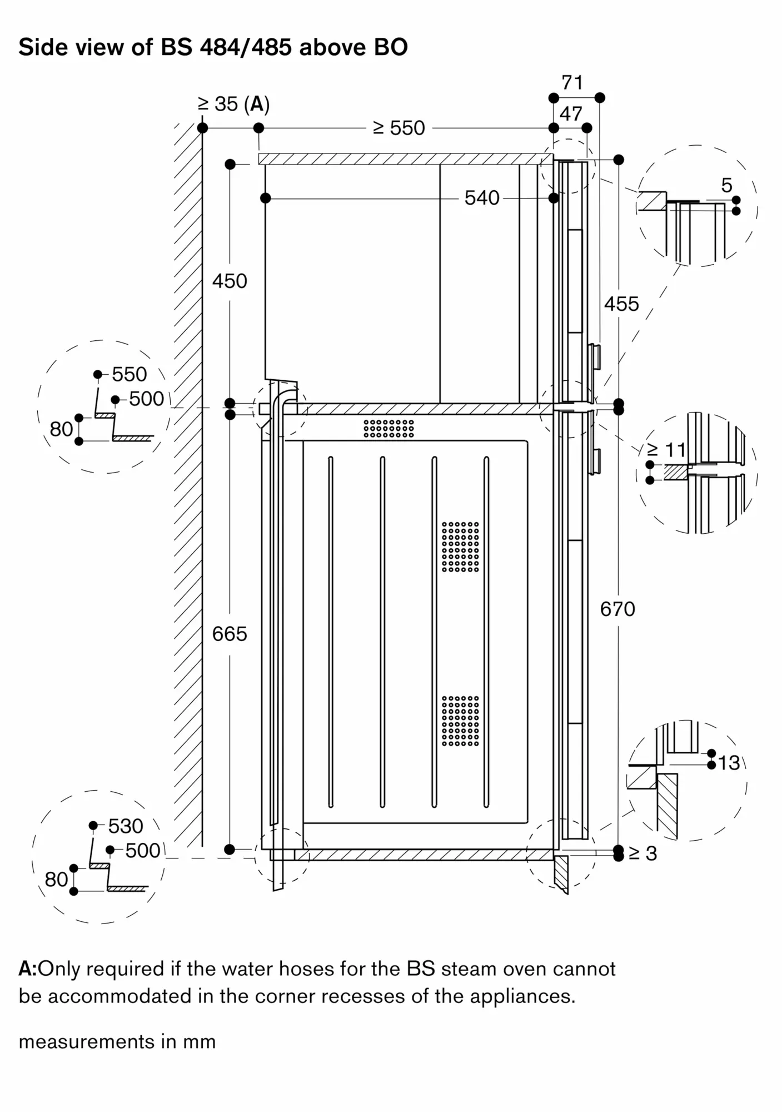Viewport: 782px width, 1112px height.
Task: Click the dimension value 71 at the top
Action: [x=572, y=83]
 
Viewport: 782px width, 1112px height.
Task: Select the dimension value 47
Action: [x=571, y=114]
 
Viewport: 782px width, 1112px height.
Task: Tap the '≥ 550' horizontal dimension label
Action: [x=399, y=128]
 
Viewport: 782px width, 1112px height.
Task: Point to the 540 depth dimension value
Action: [x=482, y=198]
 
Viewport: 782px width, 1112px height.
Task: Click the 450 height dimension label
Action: [x=230, y=281]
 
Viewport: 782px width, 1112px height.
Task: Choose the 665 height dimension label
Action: [x=230, y=634]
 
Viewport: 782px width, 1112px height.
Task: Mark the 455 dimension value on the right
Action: [x=621, y=304]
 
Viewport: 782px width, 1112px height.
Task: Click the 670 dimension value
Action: [x=617, y=609]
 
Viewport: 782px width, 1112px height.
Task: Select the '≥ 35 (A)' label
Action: [x=233, y=104]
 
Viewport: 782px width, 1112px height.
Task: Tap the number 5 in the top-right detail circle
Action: [x=726, y=186]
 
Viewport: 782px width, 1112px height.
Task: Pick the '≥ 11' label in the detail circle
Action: [x=666, y=449]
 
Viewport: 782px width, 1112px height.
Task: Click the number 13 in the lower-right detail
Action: [x=729, y=763]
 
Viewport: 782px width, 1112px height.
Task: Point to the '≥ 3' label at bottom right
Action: [x=643, y=853]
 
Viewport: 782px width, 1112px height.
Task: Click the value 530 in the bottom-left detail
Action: [x=126, y=826]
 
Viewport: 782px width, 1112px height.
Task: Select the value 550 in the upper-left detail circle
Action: [x=129, y=374]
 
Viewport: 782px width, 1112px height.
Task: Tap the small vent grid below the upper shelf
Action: [x=388, y=428]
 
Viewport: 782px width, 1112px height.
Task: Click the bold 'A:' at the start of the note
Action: [x=27, y=969]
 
